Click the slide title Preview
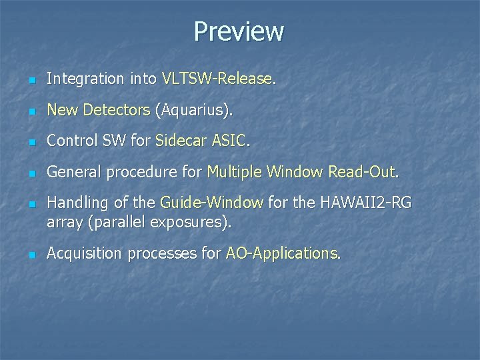click(239, 31)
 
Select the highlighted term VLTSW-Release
click(217, 79)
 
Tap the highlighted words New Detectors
click(99, 110)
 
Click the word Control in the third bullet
click(72, 141)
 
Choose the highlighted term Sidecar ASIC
click(201, 141)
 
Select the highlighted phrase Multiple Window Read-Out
click(301, 172)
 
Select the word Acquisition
click(85, 253)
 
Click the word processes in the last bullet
click(163, 253)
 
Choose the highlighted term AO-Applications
click(281, 253)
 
